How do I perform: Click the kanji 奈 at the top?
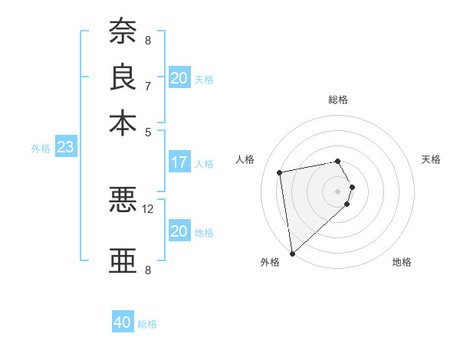[x=123, y=31]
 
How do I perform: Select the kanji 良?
[x=123, y=77]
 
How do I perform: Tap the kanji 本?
[x=123, y=123]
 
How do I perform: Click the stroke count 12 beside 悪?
[x=148, y=208]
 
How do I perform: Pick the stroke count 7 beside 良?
[x=148, y=86]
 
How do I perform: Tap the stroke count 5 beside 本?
[x=148, y=131]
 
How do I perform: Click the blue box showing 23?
[x=65, y=147]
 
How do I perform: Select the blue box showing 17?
[x=179, y=162]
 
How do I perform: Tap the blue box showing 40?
[x=123, y=323]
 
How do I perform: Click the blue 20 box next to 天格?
[x=179, y=78]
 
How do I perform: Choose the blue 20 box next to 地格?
[x=179, y=231]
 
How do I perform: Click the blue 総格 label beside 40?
[x=147, y=324]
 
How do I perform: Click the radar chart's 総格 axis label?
[x=338, y=100]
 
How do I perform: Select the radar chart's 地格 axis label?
[x=402, y=263]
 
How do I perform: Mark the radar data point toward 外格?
[x=292, y=254]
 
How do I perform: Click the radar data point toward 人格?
[x=280, y=172]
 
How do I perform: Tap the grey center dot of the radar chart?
[x=338, y=191]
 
